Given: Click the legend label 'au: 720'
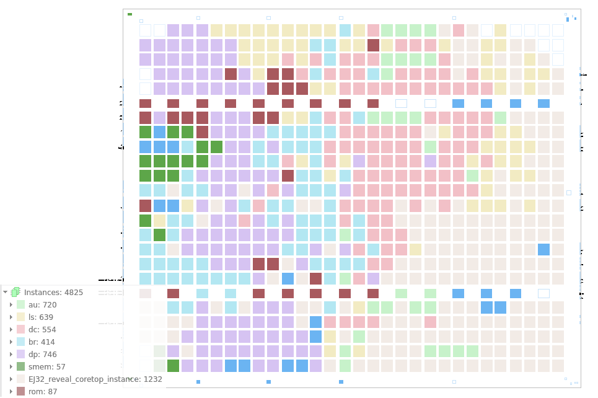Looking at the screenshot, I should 42,304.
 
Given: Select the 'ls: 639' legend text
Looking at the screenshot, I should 41,317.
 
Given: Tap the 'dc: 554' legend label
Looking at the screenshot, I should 42,329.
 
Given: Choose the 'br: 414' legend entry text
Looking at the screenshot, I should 42,342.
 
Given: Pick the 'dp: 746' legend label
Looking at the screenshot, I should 43,354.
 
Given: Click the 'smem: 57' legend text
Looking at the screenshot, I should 46,366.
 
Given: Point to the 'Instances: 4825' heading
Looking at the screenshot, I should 53,292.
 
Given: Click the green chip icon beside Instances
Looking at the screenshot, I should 15,292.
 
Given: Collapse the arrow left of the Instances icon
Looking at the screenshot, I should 5,292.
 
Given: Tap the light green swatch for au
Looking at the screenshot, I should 21,304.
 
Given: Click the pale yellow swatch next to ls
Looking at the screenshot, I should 21,317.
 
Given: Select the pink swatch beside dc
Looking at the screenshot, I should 21,329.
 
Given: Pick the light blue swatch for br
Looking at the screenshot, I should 21,342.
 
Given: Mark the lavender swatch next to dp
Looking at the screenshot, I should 21,354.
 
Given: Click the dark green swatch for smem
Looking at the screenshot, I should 21,366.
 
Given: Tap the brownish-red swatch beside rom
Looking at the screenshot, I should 21,391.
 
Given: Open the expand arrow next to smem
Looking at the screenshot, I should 11,366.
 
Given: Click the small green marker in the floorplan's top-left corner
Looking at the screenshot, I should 130,14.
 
